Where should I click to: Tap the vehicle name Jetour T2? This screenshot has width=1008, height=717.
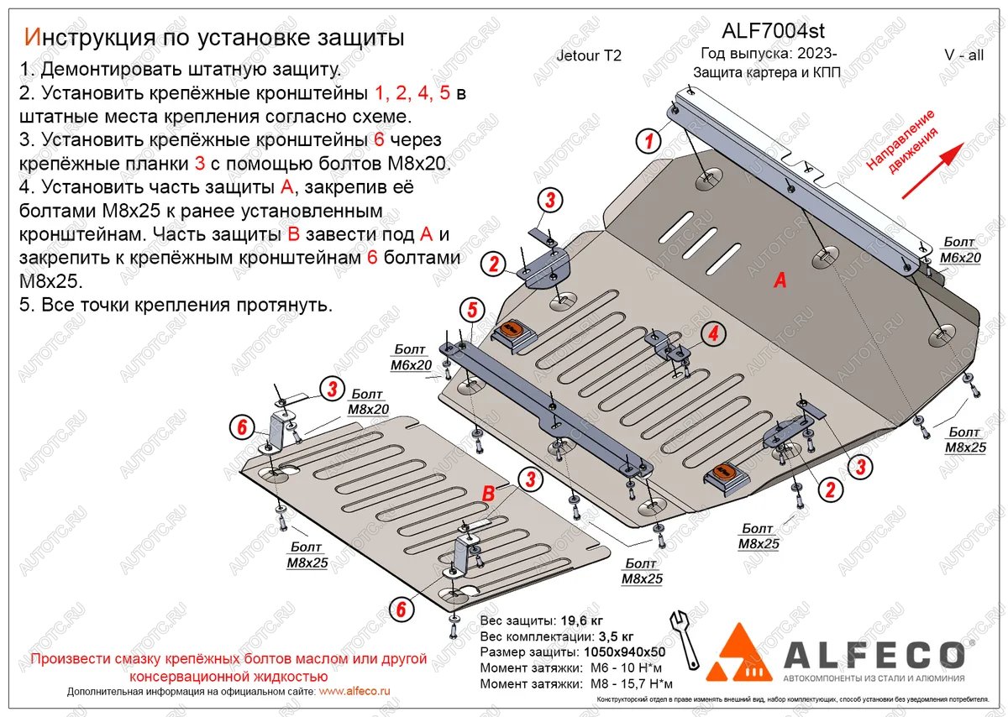coord(589,56)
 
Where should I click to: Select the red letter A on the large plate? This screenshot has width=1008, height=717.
coord(780,282)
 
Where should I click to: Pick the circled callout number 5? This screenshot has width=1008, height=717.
coord(471,310)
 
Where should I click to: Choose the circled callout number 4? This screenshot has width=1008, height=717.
coord(712,335)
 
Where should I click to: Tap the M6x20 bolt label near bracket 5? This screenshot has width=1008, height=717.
coord(411,358)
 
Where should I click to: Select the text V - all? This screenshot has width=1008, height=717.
coord(963,55)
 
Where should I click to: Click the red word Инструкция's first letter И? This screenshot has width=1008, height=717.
coord(32,37)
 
